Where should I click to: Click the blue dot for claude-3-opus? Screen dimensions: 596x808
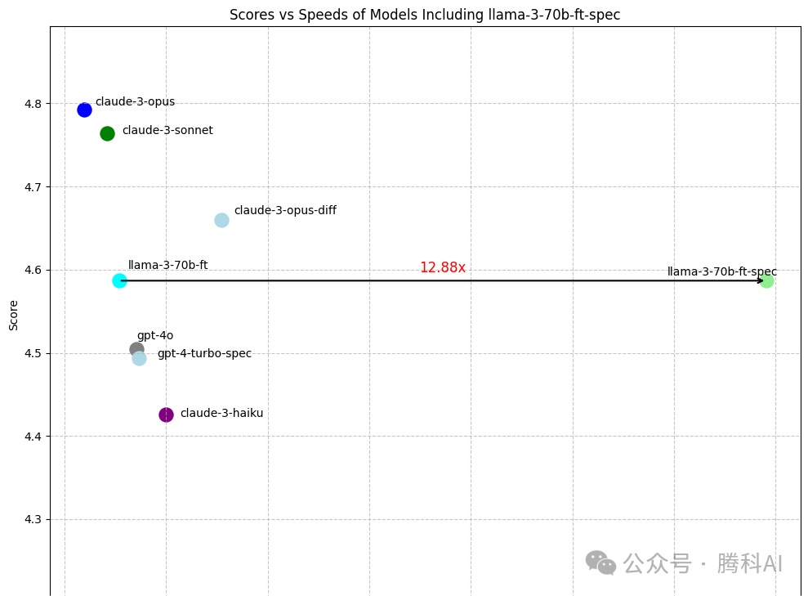point(84,110)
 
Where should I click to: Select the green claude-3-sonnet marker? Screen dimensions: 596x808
point(107,133)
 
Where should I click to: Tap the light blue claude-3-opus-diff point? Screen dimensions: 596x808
point(221,220)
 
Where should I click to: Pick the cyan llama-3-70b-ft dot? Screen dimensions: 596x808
point(119,280)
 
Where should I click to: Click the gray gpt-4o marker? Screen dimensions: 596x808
point(136,349)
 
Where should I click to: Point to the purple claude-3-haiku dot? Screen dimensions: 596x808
point(166,415)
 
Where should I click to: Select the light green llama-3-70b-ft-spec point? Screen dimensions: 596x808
point(766,280)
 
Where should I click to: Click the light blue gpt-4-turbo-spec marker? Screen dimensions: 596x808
point(140,359)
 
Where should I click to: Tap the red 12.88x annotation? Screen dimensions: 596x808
point(442,267)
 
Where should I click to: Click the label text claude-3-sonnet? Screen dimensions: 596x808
point(167,131)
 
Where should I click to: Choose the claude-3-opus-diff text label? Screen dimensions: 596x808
point(285,211)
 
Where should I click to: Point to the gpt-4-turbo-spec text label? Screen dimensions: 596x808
point(204,354)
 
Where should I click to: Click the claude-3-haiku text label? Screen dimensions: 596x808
point(221,414)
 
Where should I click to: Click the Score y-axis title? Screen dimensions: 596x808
point(13,315)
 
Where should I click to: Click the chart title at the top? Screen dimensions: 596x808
point(425,15)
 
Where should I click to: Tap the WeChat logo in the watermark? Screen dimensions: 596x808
point(600,562)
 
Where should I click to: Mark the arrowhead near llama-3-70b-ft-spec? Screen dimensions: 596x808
point(760,280)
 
